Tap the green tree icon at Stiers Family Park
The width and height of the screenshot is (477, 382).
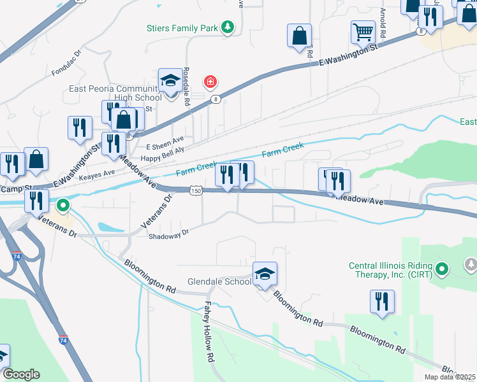coord(228,27)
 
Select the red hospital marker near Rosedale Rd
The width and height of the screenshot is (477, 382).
coord(209,81)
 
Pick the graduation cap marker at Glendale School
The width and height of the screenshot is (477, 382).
coord(265,274)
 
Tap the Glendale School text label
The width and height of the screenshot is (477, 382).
coord(219,281)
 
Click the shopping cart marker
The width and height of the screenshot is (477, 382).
coord(363,31)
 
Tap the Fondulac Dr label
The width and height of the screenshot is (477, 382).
coord(67,65)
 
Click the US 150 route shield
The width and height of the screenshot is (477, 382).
coord(196,190)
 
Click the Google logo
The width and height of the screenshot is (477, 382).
coord(21,374)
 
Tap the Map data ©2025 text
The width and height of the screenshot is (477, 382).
coord(450,377)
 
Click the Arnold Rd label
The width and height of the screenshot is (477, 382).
coord(383,22)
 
